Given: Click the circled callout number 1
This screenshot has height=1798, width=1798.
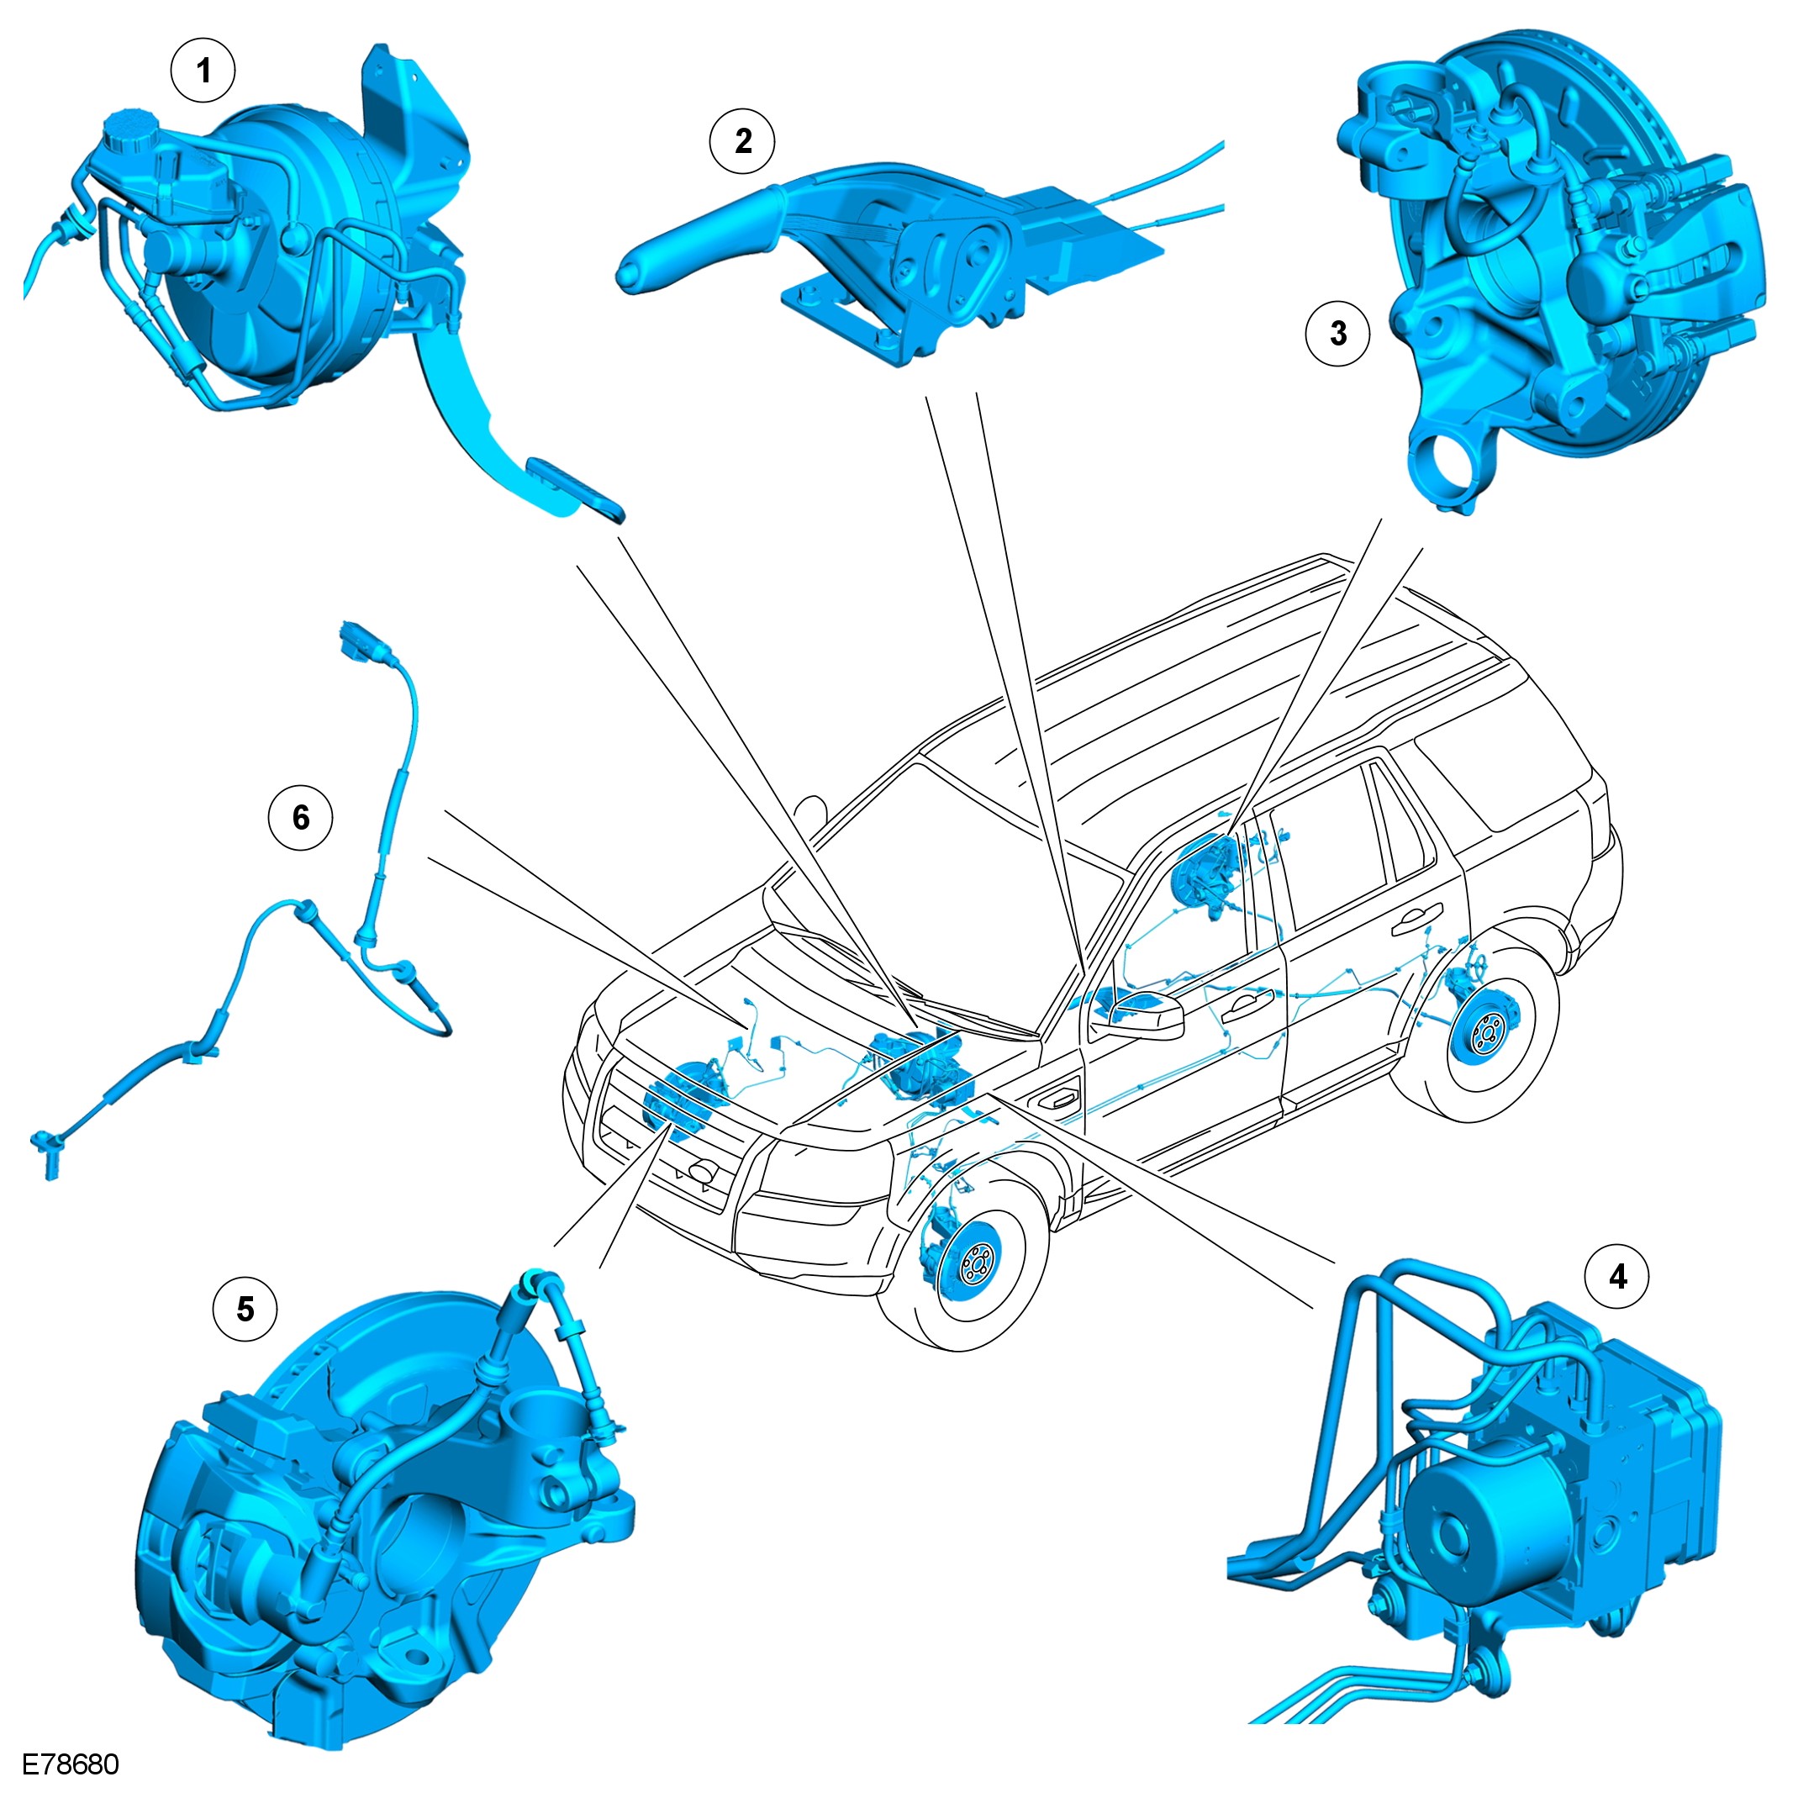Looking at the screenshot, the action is coord(203,70).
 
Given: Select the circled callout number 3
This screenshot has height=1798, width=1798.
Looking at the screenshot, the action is coord(1338,333).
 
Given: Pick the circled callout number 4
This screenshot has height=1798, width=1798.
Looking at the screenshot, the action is coord(1618,1276).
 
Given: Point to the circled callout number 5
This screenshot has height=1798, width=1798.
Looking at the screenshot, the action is coord(245,1309).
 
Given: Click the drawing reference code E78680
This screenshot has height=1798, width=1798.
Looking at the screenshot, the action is coord(71,1764).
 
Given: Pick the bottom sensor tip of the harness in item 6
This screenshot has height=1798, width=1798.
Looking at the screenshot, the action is coord(47,1155).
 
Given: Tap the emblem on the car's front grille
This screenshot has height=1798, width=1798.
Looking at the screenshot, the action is coord(701,1171).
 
